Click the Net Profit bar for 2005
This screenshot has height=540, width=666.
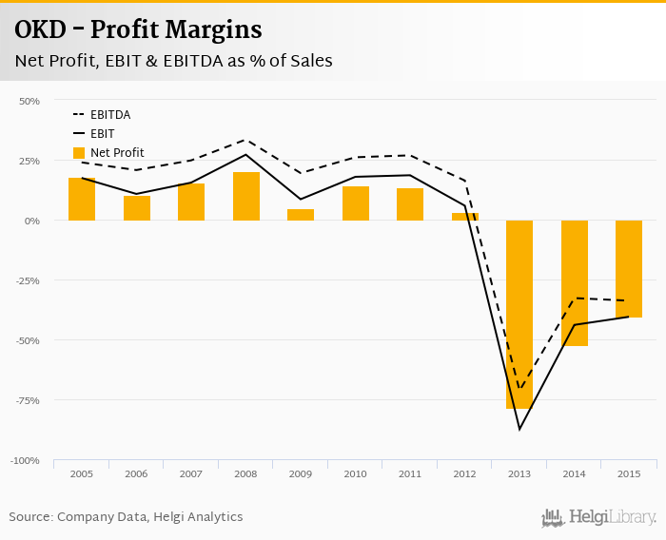coord(82,199)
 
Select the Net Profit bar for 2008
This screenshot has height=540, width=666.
coord(246,196)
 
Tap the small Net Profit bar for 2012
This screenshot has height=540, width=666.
coord(464,217)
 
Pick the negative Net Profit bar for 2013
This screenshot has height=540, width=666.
coord(519,314)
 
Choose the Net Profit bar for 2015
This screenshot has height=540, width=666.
coord(629,268)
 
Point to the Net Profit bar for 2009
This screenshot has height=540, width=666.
coord(301,215)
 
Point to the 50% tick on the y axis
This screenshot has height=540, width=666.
coord(29,101)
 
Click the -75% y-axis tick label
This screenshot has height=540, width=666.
coord(27,400)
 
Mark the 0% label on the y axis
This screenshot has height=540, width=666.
coord(32,221)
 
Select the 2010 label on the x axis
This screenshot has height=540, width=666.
coord(355,473)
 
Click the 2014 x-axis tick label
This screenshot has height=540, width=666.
coord(574,473)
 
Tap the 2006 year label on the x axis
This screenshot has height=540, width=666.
coord(136,473)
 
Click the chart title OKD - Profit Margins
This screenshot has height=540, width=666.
coord(138,30)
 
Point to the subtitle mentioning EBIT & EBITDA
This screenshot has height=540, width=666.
coord(173,61)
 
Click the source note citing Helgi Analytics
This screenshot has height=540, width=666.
coord(126,517)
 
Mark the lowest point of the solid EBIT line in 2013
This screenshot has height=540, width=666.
coord(519,429)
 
